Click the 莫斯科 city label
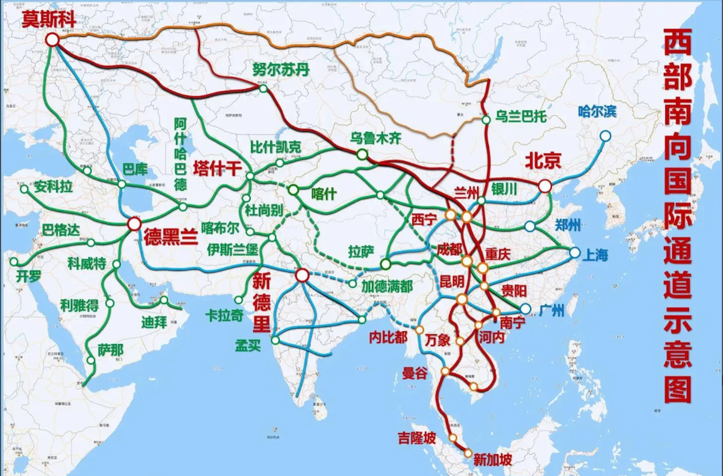(x=49, y=19)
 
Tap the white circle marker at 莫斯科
(x=52, y=39)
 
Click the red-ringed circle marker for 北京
(x=545, y=186)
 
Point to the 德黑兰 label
(x=171, y=237)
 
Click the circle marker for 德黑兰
(x=134, y=224)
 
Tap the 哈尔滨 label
(x=597, y=112)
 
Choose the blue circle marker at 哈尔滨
(x=605, y=136)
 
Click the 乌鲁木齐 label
(x=375, y=138)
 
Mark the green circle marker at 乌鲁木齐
(x=362, y=154)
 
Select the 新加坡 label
(x=492, y=460)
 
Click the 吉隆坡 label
(x=416, y=438)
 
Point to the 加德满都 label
(x=387, y=286)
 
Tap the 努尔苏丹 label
(x=281, y=70)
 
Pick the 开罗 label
(x=28, y=276)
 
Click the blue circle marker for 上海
(x=575, y=253)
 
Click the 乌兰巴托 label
(x=521, y=117)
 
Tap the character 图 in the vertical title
(x=678, y=389)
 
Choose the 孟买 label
(x=247, y=346)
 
